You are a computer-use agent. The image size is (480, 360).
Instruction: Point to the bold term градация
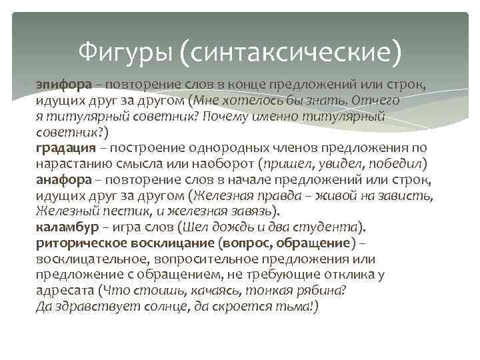coord(63,147)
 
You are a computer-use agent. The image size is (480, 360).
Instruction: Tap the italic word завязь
coord(247,211)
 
